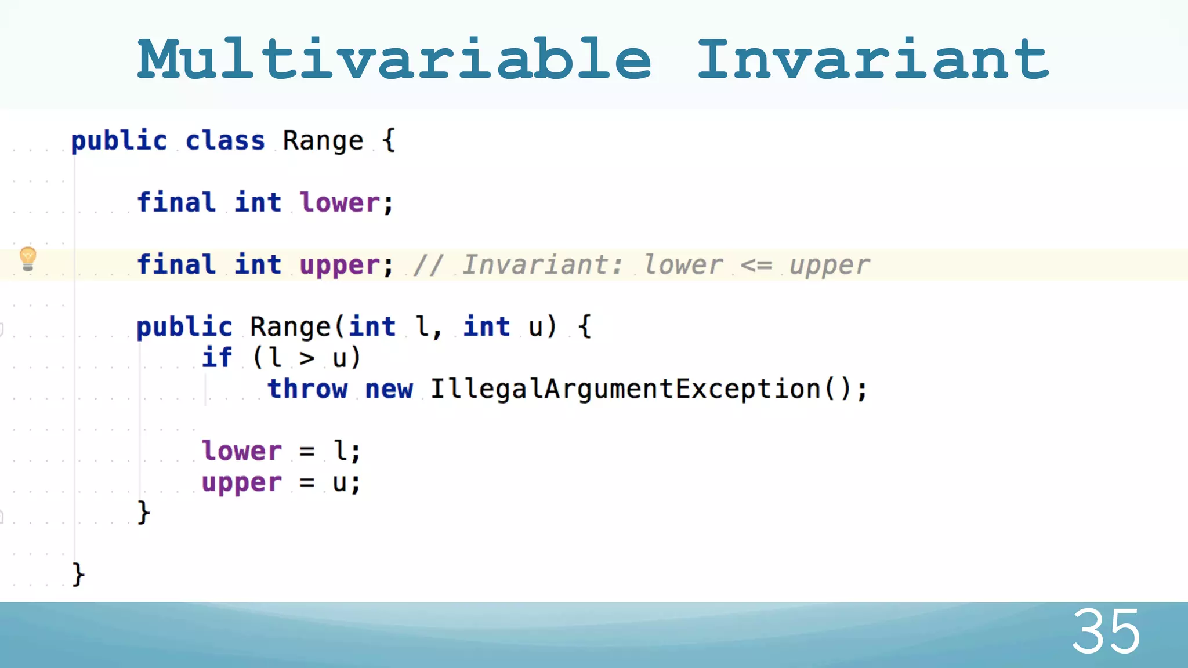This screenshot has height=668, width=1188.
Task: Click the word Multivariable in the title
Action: click(394, 59)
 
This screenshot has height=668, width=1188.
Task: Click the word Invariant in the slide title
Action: click(872, 59)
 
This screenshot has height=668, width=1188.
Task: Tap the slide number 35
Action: click(1106, 631)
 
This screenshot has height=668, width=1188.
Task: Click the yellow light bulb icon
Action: click(28, 259)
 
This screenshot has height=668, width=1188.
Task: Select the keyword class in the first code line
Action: click(225, 141)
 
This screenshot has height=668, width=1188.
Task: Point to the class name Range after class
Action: click(323, 141)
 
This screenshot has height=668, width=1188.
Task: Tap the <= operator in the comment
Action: click(756, 265)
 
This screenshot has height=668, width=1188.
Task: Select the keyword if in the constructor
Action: click(217, 357)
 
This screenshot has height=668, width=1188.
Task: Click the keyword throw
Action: click(307, 389)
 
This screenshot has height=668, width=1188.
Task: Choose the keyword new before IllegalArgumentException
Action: click(389, 389)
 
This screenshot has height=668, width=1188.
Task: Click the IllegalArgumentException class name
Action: click(625, 389)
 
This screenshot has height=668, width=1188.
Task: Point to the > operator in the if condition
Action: click(307, 358)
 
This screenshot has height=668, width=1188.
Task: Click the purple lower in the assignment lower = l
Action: click(241, 451)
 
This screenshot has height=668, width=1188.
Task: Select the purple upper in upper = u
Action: click(241, 483)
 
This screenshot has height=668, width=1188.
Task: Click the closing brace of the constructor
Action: click(143, 513)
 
